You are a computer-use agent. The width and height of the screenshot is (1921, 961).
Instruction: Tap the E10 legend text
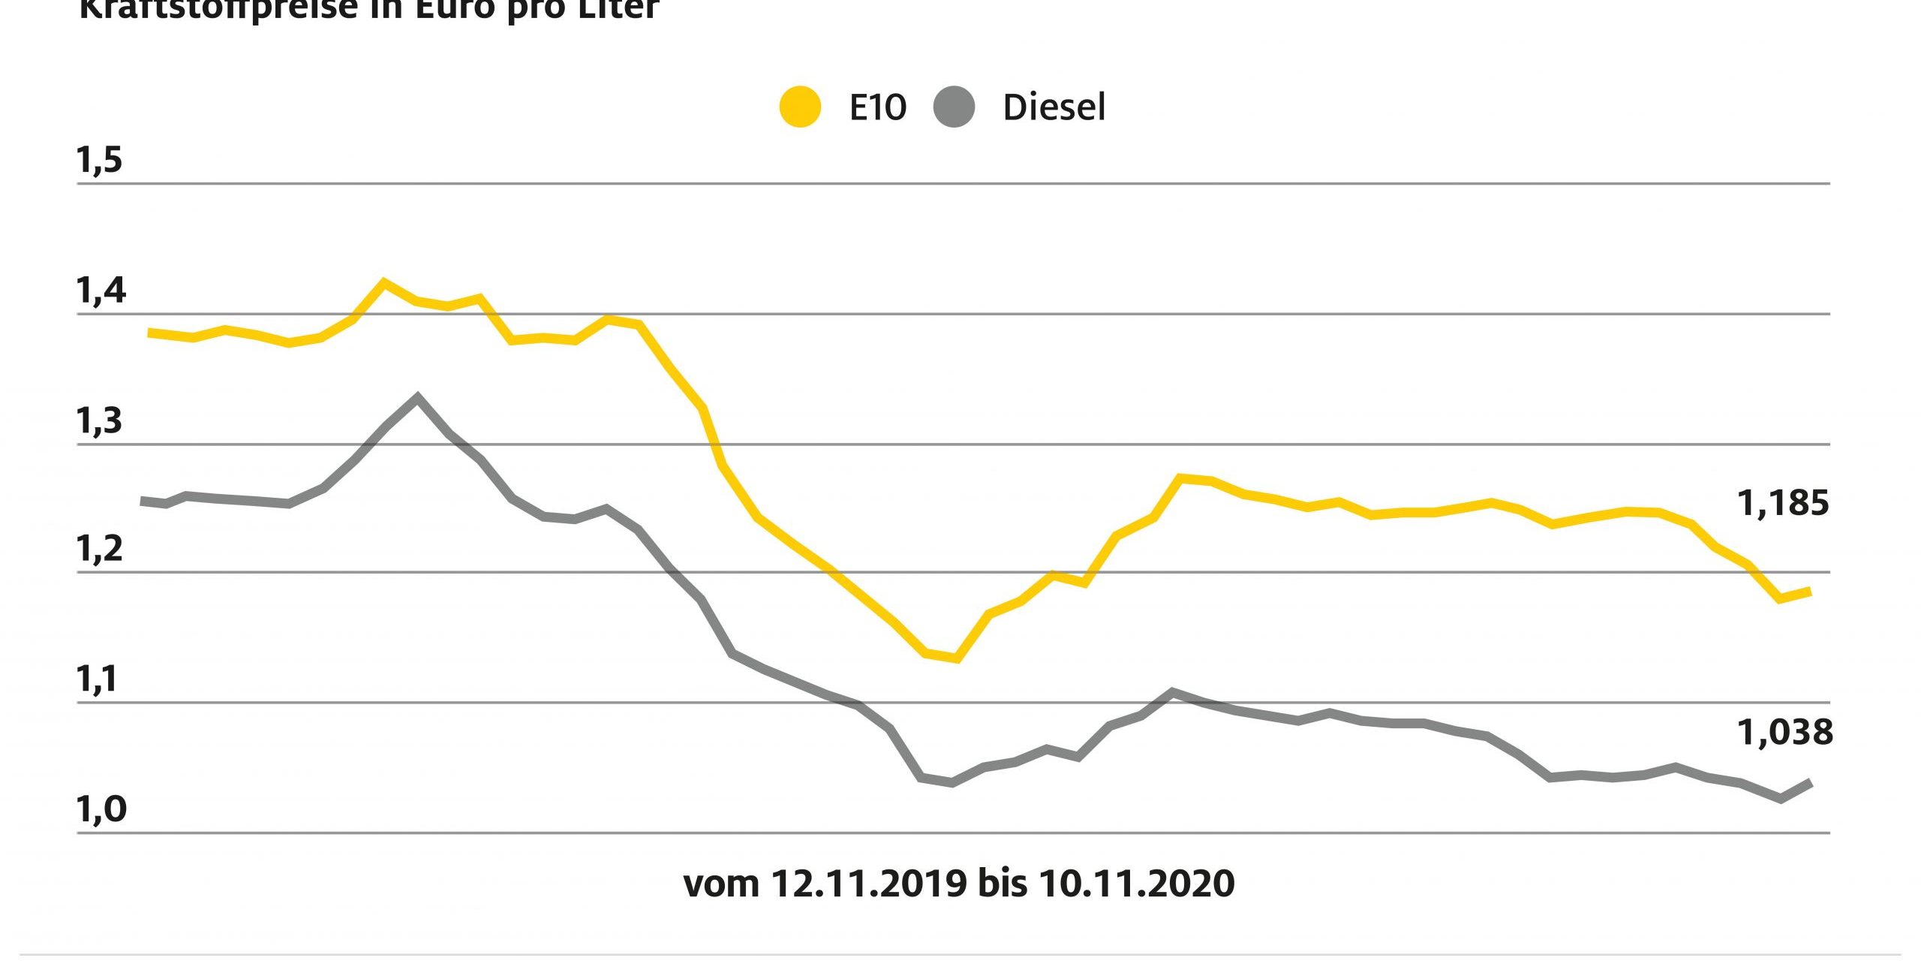point(877,108)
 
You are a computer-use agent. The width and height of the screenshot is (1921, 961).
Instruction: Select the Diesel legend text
point(1054,108)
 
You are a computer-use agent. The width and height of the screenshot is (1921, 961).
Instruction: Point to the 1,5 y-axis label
point(99,160)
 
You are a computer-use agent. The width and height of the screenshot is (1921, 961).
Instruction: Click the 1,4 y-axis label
point(101,290)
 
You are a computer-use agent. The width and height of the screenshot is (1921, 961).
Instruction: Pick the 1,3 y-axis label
point(99,421)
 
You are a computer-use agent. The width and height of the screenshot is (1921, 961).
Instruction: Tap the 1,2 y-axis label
point(99,550)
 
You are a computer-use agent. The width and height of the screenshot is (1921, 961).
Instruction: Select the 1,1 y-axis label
point(98,679)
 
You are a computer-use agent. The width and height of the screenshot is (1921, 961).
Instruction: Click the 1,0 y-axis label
point(101,809)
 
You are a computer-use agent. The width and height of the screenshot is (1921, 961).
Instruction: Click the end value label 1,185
point(1783,504)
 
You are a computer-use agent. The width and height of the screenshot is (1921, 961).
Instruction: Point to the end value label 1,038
point(1784,732)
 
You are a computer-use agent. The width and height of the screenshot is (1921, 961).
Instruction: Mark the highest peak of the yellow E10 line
point(384,283)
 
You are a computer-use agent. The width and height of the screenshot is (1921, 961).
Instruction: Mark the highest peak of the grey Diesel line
point(418,397)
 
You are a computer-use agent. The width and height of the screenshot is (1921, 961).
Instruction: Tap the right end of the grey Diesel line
point(1810,783)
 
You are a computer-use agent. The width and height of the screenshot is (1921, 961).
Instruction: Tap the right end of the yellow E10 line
point(1809,592)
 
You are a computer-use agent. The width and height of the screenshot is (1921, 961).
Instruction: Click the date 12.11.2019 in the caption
point(869,884)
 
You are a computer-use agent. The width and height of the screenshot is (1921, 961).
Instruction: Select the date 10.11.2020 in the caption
point(1136,884)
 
